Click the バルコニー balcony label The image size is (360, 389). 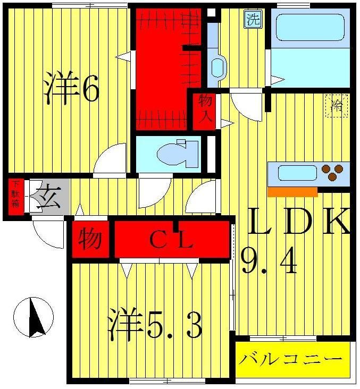290,360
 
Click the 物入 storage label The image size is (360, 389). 205,109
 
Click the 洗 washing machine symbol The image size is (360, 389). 253,20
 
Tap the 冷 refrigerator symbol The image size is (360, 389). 337,105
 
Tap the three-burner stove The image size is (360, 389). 333,173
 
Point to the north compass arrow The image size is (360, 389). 35,317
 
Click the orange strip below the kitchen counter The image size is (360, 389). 292,192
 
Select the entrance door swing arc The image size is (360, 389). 49,234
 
